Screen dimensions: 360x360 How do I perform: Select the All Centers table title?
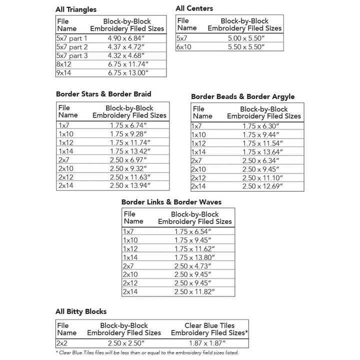point(194,8)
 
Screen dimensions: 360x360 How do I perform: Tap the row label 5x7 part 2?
point(72,47)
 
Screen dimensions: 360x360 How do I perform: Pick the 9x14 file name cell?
point(65,72)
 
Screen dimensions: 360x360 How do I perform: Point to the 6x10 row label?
point(183,46)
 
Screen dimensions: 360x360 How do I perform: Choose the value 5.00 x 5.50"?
point(244,38)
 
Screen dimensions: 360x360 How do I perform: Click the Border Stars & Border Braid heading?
point(103,93)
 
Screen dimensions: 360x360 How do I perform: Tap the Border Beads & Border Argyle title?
point(243,96)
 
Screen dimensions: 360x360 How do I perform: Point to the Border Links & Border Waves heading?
point(171,202)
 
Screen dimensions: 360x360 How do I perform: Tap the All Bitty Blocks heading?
point(81,311)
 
